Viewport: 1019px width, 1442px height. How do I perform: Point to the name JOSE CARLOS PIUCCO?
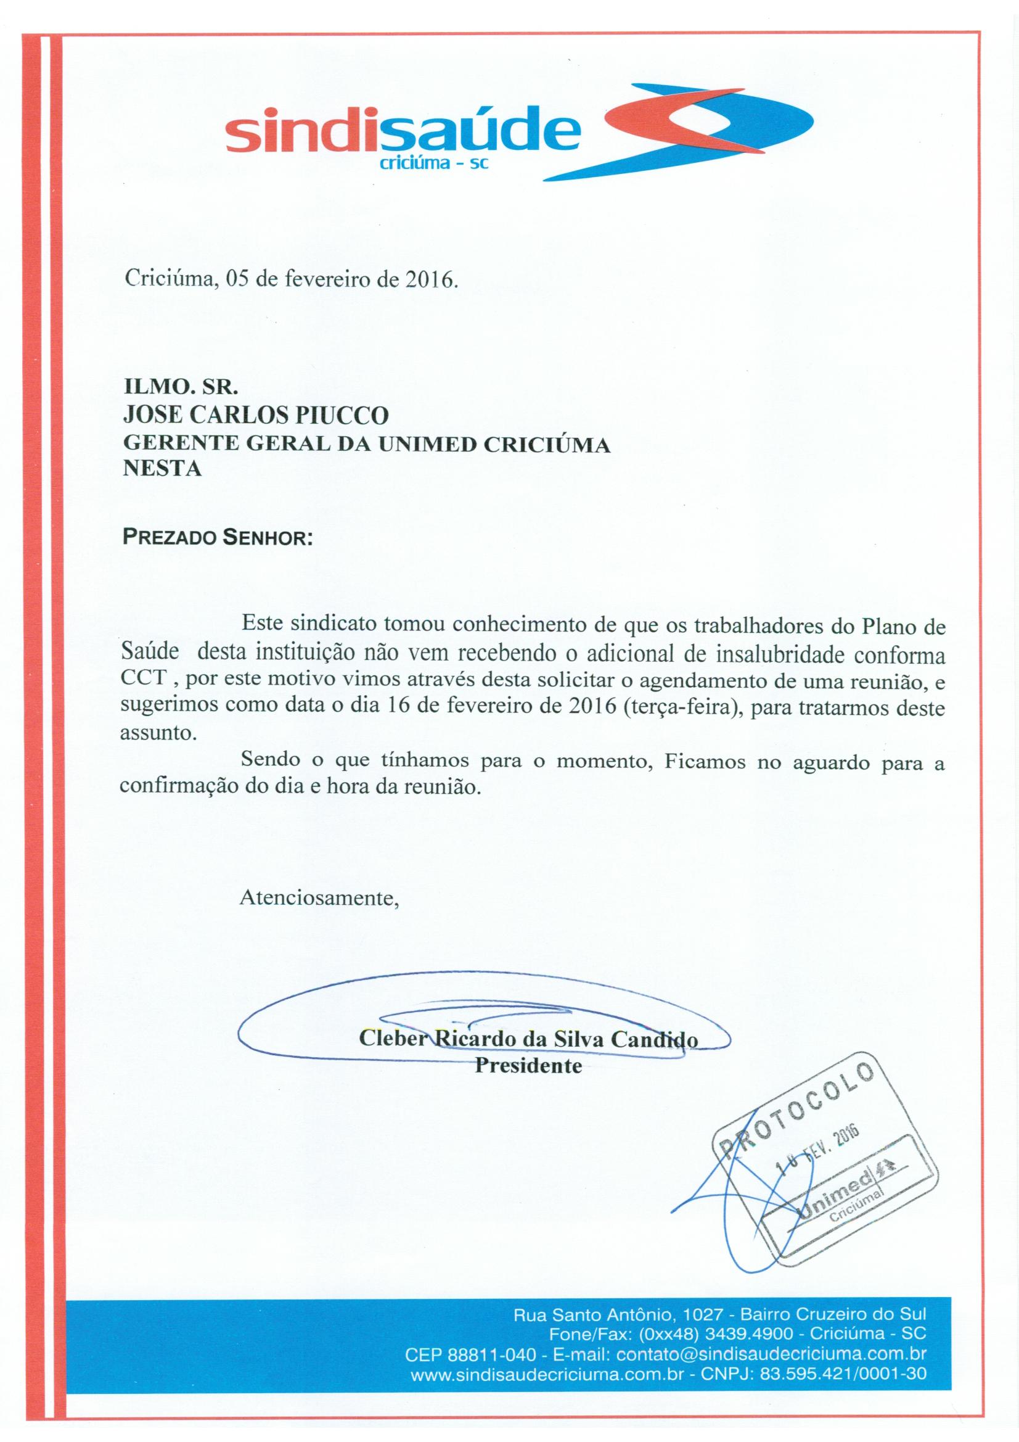[257, 415]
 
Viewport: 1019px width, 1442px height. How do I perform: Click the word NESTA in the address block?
[163, 469]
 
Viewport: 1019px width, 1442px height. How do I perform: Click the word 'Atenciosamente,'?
[319, 897]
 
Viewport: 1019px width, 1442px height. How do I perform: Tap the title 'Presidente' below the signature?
[528, 1066]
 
